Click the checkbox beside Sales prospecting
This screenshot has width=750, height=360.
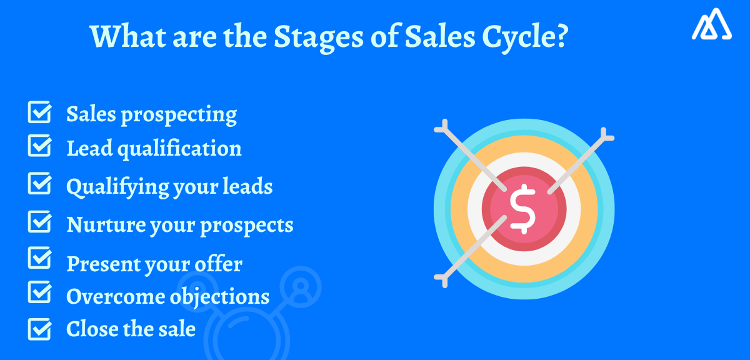coord(39,114)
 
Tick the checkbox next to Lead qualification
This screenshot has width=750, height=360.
coord(39,147)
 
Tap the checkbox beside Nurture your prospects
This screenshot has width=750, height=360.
coord(39,223)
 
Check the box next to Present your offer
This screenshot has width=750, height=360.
coord(39,258)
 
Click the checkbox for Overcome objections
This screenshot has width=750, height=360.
coord(39,292)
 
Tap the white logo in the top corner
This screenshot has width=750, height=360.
coord(711,26)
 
